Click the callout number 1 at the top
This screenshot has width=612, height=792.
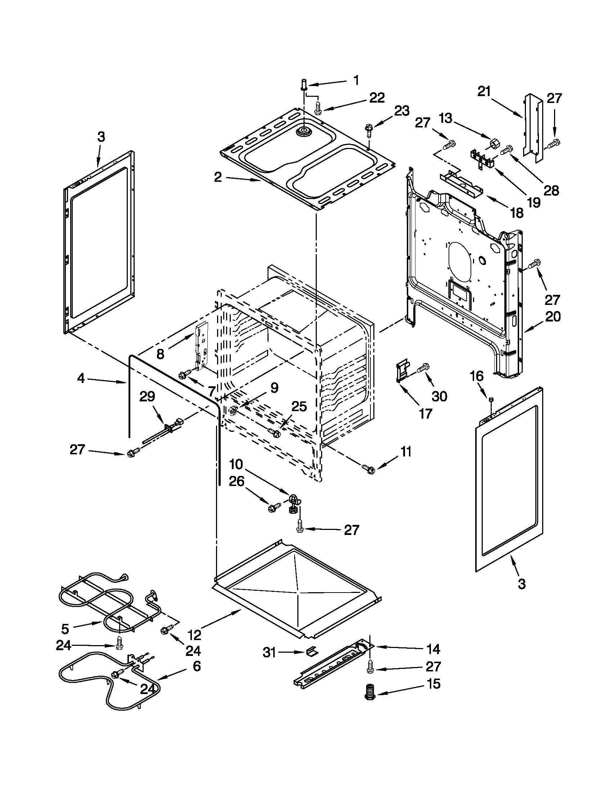[356, 80]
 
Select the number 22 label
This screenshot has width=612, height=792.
[377, 98]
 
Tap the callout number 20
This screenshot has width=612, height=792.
[553, 316]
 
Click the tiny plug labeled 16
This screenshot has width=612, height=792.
[491, 399]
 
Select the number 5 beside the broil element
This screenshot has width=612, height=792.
[65, 627]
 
